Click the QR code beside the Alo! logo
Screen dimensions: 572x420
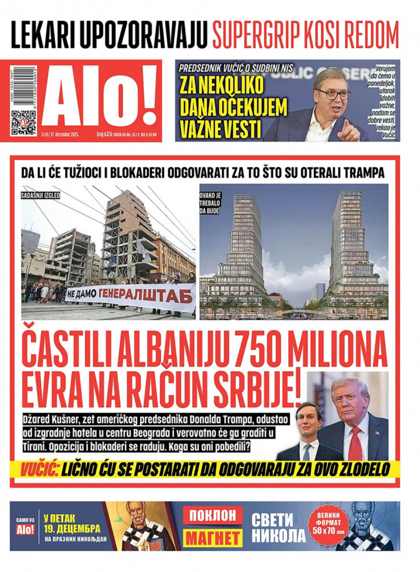tap(24, 122)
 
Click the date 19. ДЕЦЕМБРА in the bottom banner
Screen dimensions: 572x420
tap(72, 529)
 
